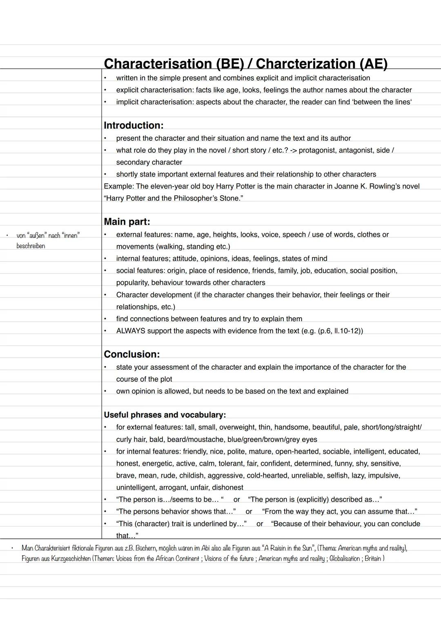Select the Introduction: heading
coord(134,125)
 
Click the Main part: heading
coord(127,222)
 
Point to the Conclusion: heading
coord(131,354)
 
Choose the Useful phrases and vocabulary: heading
coord(165,415)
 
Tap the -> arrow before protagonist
coord(293,150)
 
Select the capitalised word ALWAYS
coord(131,331)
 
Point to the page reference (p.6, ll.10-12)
coord(340,331)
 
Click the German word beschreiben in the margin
coord(31,246)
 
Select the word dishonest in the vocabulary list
coord(227,488)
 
